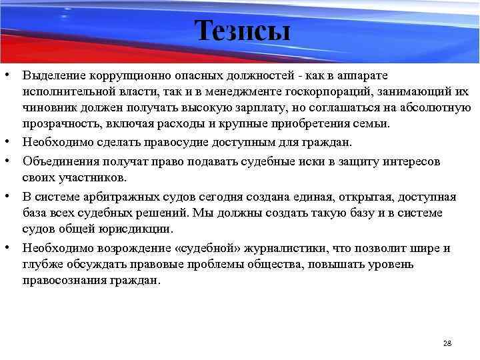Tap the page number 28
(x=447, y=343)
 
